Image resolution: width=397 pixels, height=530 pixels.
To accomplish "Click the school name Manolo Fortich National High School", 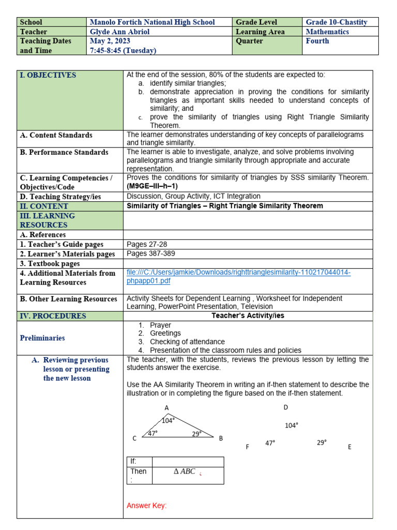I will click(x=152, y=22).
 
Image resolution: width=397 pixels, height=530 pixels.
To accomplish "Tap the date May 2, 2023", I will click(x=110, y=41).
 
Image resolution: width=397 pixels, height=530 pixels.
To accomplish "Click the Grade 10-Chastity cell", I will click(x=337, y=22).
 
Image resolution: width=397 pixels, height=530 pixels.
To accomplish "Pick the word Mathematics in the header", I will click(x=327, y=32).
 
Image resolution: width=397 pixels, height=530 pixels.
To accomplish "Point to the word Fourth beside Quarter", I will click(x=317, y=41).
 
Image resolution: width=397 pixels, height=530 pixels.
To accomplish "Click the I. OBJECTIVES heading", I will click(x=48, y=75).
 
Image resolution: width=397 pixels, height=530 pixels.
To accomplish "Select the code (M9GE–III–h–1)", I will click(x=152, y=186).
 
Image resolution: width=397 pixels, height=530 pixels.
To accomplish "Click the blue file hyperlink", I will click(x=238, y=276).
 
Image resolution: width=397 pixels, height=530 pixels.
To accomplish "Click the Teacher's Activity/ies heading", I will click(x=248, y=316).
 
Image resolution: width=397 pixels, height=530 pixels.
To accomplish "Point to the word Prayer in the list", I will click(x=160, y=325).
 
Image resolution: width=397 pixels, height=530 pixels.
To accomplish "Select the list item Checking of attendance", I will click(x=187, y=342).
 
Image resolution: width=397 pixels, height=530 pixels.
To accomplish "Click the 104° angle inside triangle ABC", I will click(x=168, y=420).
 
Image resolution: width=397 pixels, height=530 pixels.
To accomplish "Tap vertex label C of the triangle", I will click(x=134, y=438).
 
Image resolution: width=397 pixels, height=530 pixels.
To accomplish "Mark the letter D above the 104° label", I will click(x=285, y=407).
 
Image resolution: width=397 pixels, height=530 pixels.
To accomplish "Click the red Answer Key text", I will click(x=147, y=506).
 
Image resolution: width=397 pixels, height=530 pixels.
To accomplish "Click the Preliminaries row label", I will click(x=42, y=338).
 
